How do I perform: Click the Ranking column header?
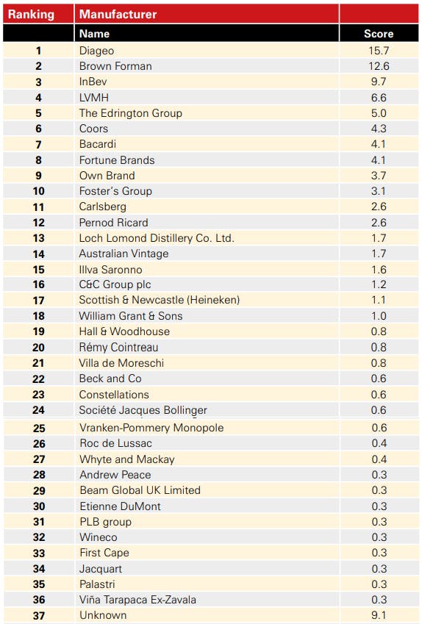point(31,14)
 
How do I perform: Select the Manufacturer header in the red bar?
point(118,14)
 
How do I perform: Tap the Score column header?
point(379,34)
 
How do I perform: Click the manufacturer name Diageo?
point(97,51)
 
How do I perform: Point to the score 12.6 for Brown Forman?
point(379,66)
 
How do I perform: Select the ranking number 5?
point(38,113)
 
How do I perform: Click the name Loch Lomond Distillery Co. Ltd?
point(157,238)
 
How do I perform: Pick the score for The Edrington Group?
point(379,113)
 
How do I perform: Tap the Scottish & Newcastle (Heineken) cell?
point(160,300)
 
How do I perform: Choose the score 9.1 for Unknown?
point(379,615)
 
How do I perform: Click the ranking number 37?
point(39,616)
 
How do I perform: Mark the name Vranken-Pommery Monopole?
point(151,428)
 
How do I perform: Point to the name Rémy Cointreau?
point(118,347)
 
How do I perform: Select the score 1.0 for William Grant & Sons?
point(379,316)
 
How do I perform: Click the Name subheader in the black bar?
point(94,34)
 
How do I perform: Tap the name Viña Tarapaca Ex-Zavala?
point(137,600)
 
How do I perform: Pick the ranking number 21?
point(38,363)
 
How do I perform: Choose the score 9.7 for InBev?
point(379,82)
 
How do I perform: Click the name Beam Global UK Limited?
point(140,490)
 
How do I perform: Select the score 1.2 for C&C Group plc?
point(379,284)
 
